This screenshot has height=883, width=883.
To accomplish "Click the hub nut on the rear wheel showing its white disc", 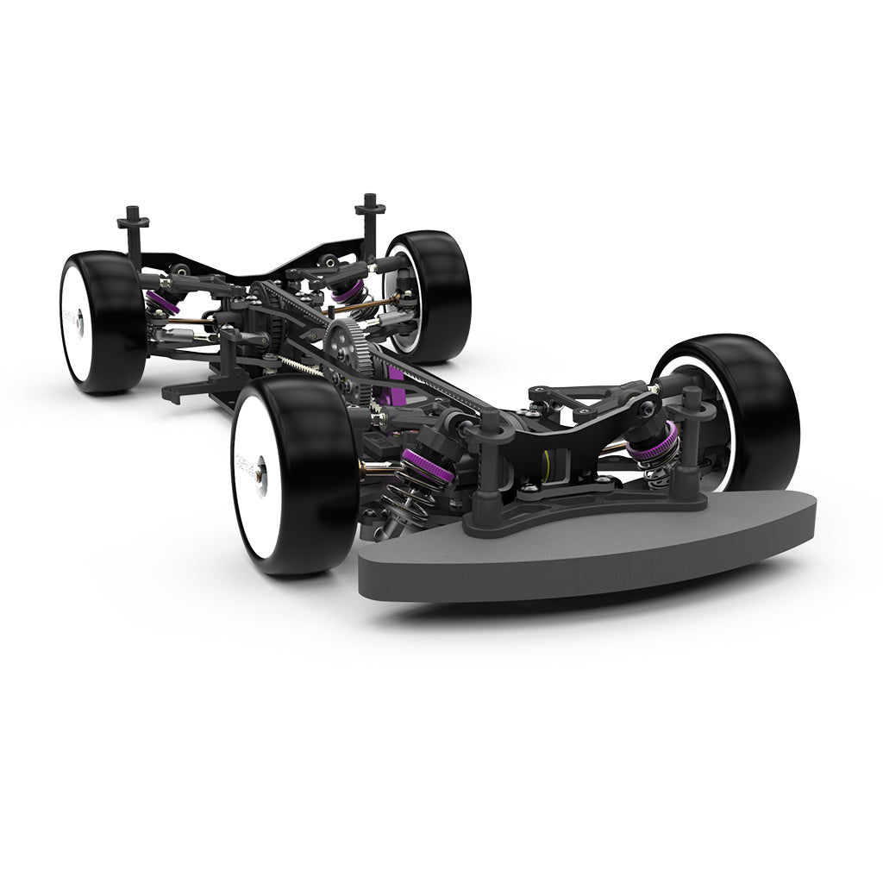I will click(x=78, y=323).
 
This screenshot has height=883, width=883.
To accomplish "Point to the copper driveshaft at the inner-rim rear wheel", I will click(x=366, y=305).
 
